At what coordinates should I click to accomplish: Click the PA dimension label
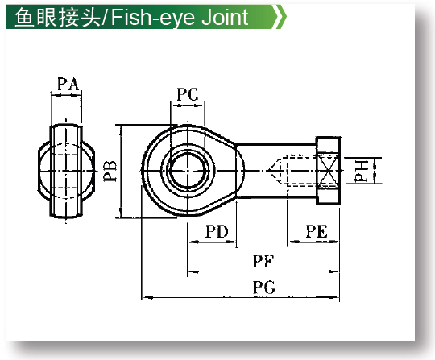(x=68, y=84)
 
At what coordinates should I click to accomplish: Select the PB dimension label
(x=110, y=171)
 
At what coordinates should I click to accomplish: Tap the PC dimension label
(x=188, y=94)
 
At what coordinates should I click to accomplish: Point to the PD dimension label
(x=217, y=231)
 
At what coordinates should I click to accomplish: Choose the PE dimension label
(x=317, y=231)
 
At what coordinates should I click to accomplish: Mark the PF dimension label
(x=263, y=261)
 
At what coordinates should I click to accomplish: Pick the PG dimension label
(x=264, y=288)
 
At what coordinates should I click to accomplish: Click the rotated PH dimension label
(x=362, y=171)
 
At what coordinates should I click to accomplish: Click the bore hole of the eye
(x=188, y=170)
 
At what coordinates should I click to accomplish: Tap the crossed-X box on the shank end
(x=328, y=170)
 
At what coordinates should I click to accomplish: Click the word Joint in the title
(x=225, y=17)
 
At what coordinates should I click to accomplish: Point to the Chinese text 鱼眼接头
(x=58, y=17)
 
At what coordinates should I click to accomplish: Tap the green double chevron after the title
(x=280, y=17)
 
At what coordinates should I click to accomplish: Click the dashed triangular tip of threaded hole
(x=277, y=170)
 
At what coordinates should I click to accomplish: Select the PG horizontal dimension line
(x=241, y=297)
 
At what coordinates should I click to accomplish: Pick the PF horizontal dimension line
(x=263, y=271)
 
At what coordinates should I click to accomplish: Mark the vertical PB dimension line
(x=121, y=172)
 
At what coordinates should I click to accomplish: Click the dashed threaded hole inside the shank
(x=302, y=170)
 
